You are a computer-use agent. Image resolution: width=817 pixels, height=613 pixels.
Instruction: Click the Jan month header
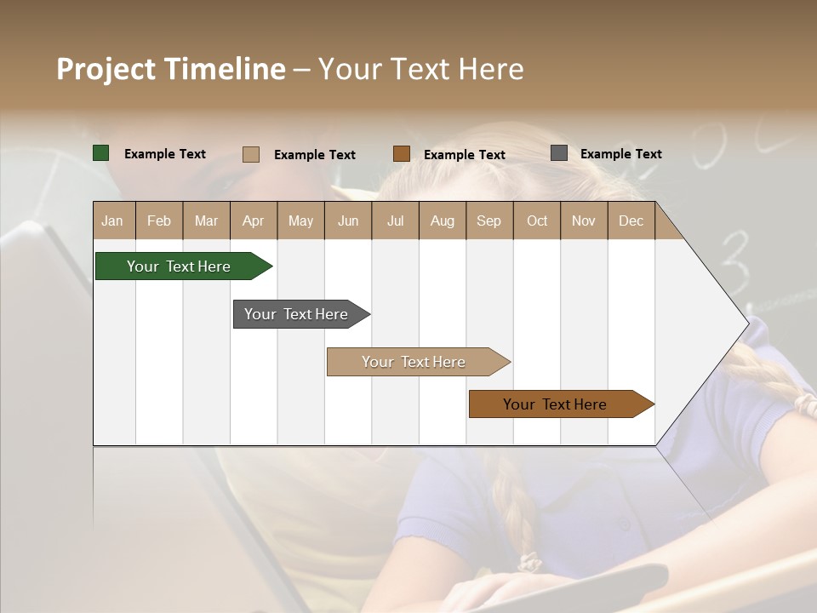[x=112, y=221]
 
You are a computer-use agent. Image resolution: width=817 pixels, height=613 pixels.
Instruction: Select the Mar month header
[x=206, y=221]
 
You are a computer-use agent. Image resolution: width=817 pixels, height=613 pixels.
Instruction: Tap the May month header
[x=300, y=221]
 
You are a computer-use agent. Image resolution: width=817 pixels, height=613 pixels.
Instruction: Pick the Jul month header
[x=395, y=221]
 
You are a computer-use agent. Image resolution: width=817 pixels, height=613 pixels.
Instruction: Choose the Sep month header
[x=488, y=221]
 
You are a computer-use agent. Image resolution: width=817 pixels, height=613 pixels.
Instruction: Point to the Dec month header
[x=631, y=221]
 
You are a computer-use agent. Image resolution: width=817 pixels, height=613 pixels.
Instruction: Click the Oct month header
[x=537, y=221]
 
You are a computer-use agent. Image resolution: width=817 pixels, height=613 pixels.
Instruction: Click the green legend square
[x=101, y=153]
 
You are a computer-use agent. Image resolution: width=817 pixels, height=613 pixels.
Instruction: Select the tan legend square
[x=251, y=154]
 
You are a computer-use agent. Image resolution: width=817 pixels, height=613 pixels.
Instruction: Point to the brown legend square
[x=402, y=154]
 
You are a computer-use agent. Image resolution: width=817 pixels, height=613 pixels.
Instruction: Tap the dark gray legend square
[x=559, y=153]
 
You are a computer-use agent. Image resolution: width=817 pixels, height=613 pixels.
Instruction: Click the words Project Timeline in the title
[x=171, y=69]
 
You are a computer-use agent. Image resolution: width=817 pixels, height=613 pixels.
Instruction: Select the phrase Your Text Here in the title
[x=420, y=69]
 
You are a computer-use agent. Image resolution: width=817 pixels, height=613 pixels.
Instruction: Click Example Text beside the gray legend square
[x=620, y=154]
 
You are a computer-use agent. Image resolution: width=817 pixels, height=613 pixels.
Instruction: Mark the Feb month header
[x=159, y=221]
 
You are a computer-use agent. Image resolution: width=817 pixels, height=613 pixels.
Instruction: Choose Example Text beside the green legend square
[x=165, y=154]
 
